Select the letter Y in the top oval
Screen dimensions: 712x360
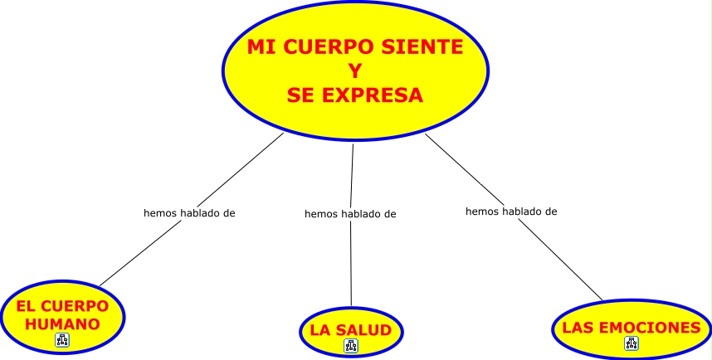pyautogui.click(x=355, y=71)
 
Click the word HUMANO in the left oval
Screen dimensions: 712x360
pyautogui.click(x=63, y=324)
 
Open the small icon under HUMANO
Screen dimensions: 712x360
pyautogui.click(x=63, y=339)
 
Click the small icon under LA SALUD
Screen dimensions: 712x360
pyautogui.click(x=350, y=346)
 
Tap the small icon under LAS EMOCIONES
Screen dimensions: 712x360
pyautogui.click(x=631, y=343)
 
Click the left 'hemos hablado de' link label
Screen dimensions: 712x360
pyautogui.click(x=189, y=212)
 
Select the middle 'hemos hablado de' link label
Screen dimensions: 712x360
pyautogui.click(x=350, y=214)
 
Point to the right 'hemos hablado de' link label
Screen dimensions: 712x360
pyautogui.click(x=511, y=212)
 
